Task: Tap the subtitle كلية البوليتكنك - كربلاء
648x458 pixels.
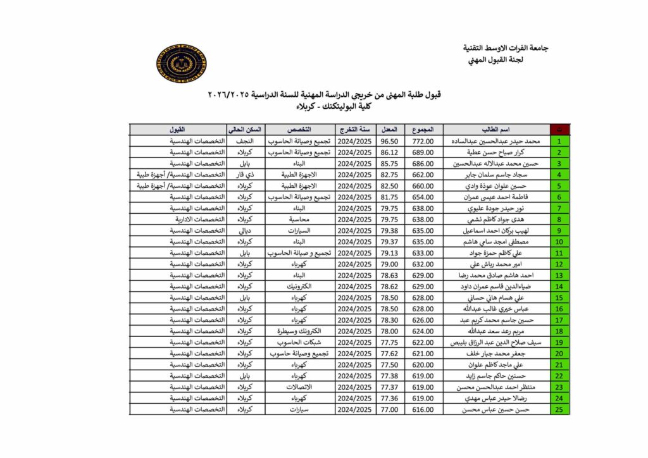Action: pyautogui.click(x=324, y=107)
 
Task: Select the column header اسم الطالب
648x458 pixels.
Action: pyautogui.click(x=496, y=130)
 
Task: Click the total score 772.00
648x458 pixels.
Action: pyautogui.click(x=423, y=141)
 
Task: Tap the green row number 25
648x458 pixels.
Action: pyautogui.click(x=559, y=410)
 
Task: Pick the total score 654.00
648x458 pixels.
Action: pyautogui.click(x=423, y=197)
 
